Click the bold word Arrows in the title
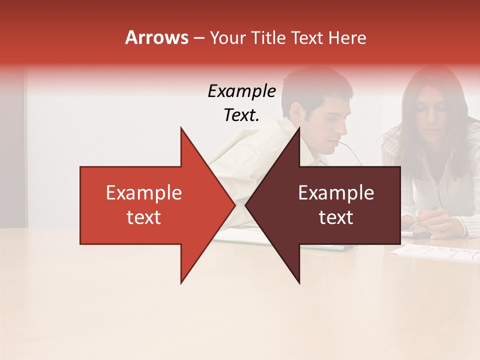[x=157, y=37]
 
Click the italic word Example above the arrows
[x=241, y=91]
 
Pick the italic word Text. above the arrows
[x=241, y=115]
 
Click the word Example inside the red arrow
[x=144, y=193]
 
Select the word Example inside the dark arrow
[x=336, y=193]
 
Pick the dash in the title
[x=198, y=38]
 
